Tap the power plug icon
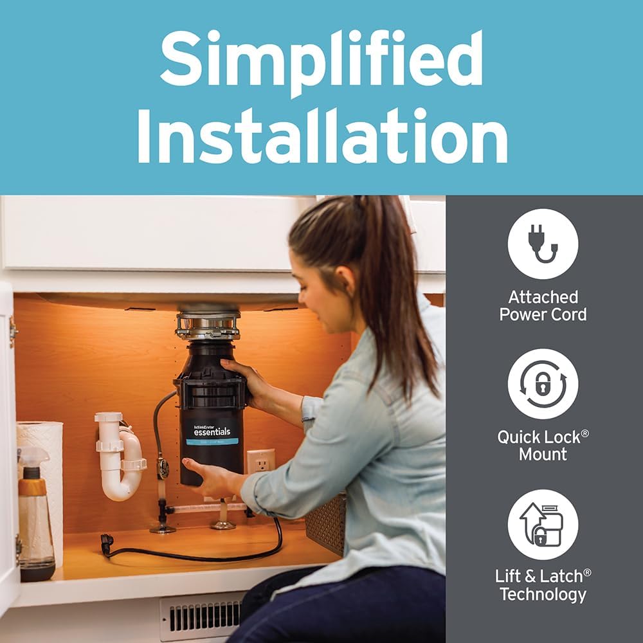tap(543, 244)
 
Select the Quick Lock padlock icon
tap(543, 384)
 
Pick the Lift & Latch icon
tap(543, 524)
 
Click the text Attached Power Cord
tap(543, 306)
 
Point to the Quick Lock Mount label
tap(543, 445)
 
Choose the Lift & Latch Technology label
tap(543, 585)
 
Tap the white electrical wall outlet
tap(260, 461)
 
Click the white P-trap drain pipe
tap(121, 457)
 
